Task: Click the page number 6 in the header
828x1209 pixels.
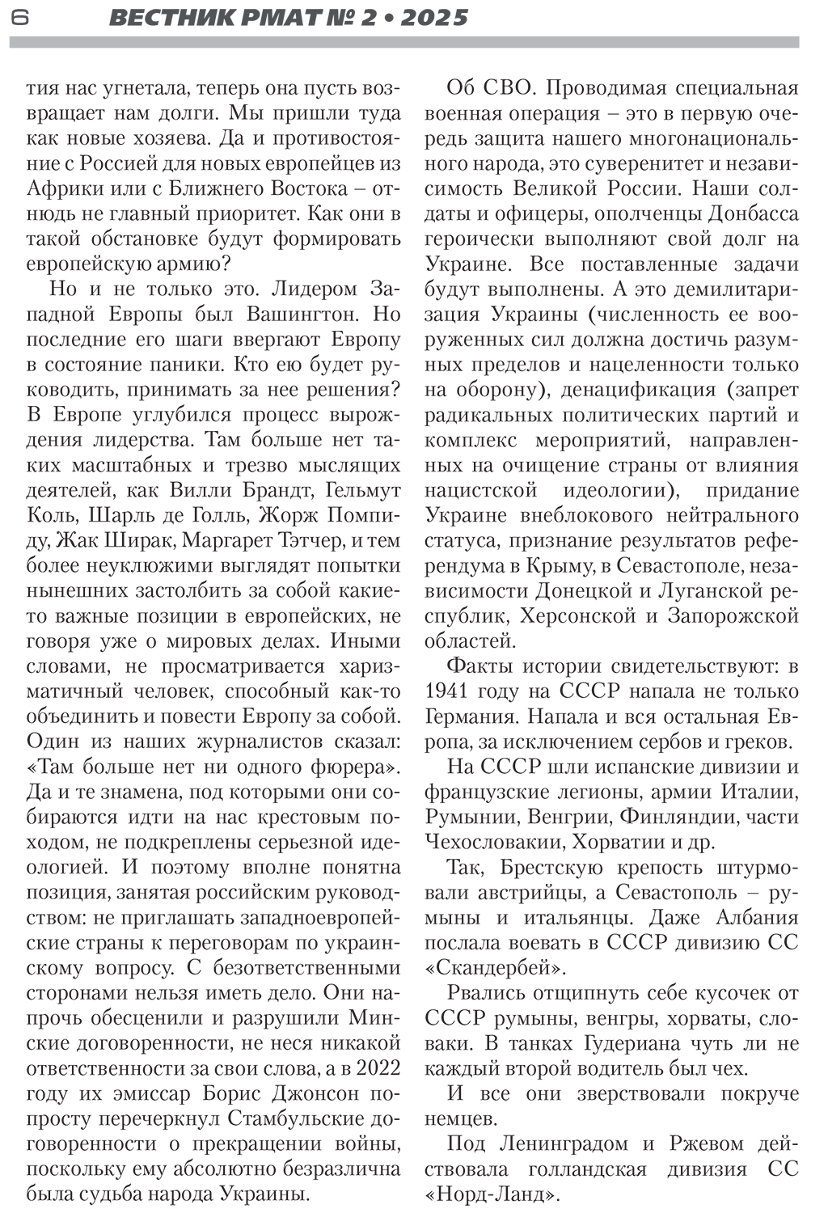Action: click(x=20, y=17)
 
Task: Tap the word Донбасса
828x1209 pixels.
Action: click(x=754, y=214)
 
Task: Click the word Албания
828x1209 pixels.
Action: click(x=757, y=918)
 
